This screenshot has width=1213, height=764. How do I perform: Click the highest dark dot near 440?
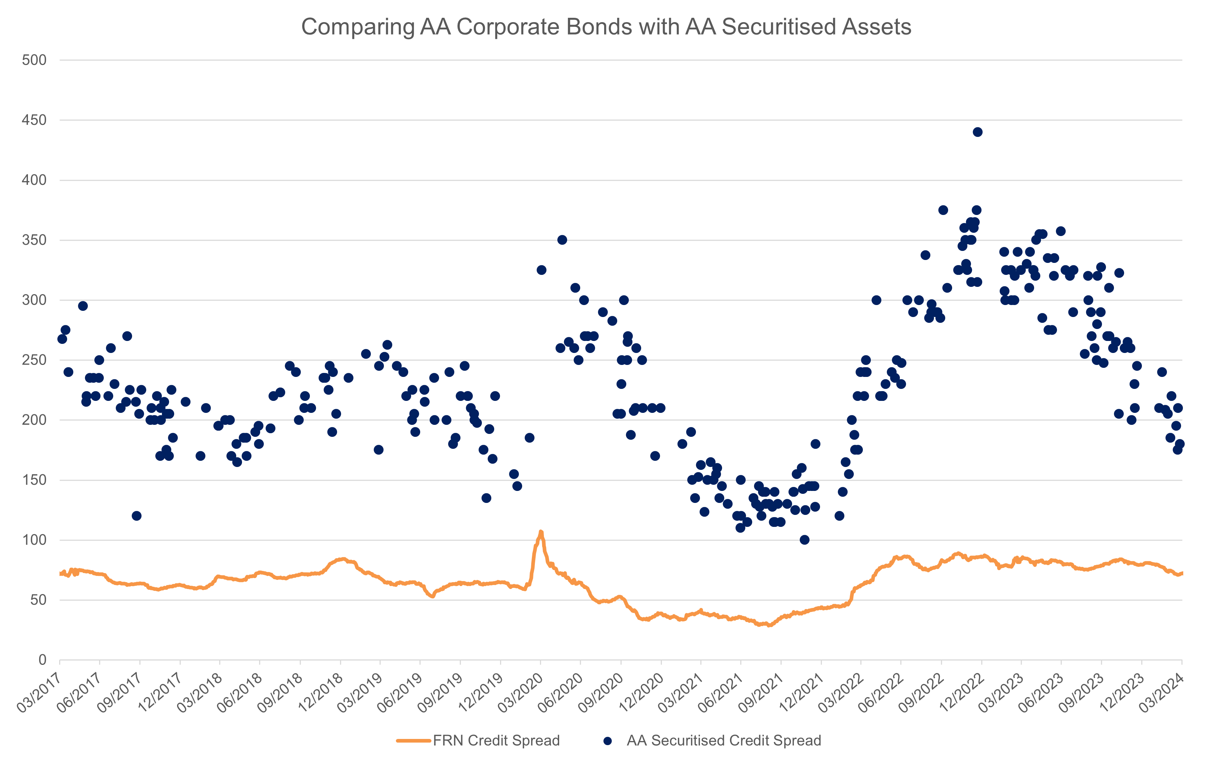pyautogui.click(x=977, y=132)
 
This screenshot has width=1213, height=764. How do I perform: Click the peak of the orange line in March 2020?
pyautogui.click(x=541, y=533)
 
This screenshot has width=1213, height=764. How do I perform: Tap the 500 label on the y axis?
pyautogui.click(x=34, y=60)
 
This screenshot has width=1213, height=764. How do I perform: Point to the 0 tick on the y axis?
pyautogui.click(x=42, y=660)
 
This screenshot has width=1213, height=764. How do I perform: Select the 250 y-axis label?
pyautogui.click(x=34, y=360)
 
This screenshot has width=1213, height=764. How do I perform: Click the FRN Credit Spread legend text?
pyautogui.click(x=496, y=740)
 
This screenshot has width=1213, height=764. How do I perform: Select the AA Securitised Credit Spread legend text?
pyautogui.click(x=724, y=740)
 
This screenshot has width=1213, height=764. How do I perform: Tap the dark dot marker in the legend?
pyautogui.click(x=608, y=740)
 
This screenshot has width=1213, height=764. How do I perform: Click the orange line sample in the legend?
pyautogui.click(x=414, y=740)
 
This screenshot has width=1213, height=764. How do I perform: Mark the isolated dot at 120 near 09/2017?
pyautogui.click(x=136, y=516)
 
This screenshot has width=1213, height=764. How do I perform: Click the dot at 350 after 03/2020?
pyautogui.click(x=562, y=240)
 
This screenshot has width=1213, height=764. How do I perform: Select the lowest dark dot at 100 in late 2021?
pyautogui.click(x=804, y=540)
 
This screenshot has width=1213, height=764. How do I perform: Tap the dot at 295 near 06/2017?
pyautogui.click(x=83, y=306)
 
